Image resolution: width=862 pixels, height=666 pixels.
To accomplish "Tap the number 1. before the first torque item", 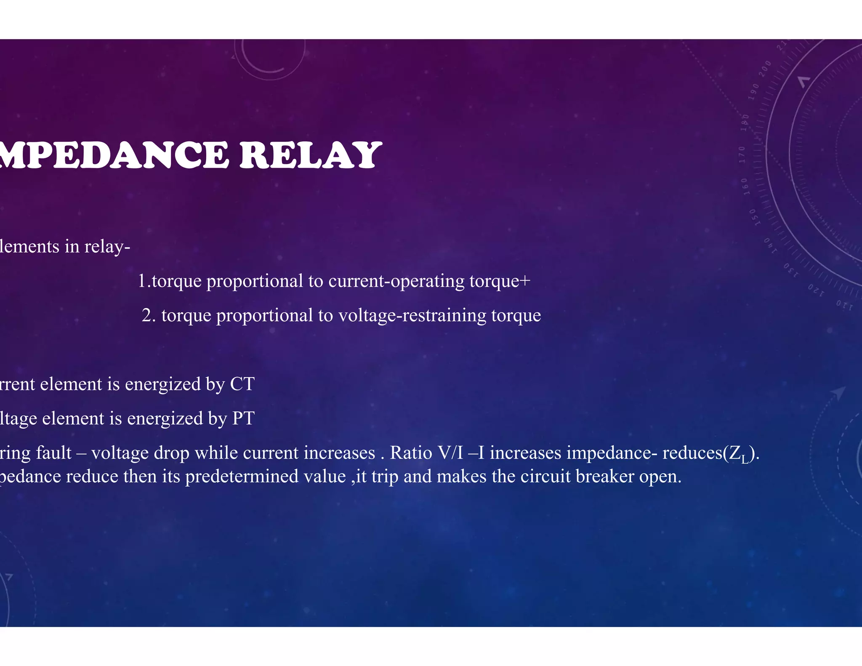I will [144, 281].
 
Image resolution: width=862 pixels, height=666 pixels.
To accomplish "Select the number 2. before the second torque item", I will [149, 315].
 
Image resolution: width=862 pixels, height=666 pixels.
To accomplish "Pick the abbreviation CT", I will [242, 384].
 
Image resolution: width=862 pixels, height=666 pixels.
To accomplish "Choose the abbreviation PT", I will [243, 418].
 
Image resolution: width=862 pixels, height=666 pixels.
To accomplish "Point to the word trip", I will [384, 477].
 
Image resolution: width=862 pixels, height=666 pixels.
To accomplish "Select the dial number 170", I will [742, 155].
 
